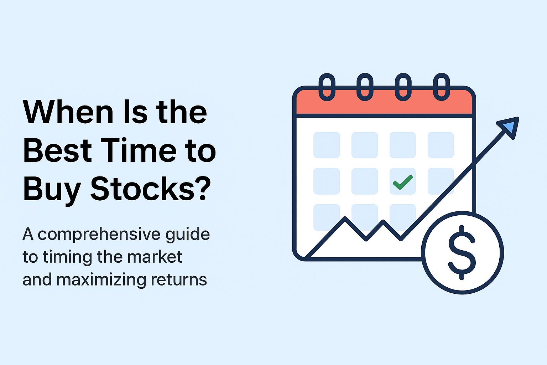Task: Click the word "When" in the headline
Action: [68, 112]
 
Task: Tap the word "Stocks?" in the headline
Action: [151, 189]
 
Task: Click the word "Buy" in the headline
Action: [52, 191]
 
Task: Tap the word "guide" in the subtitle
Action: [188, 235]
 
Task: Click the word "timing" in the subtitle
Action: [67, 258]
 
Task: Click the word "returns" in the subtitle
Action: [179, 280]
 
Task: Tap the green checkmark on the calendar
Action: [403, 182]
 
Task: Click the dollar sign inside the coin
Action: [462, 253]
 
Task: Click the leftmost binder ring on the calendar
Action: [327, 87]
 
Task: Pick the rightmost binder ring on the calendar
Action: [442, 87]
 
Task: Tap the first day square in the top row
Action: [327, 145]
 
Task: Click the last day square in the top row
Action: [441, 145]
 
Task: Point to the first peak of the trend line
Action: [345, 217]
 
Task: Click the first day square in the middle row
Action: [327, 181]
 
